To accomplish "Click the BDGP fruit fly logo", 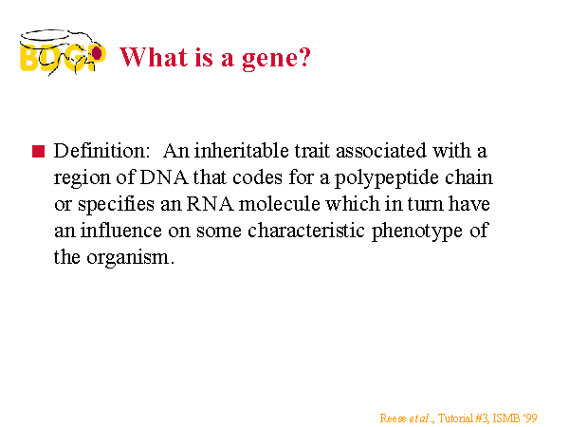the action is coord(63,52).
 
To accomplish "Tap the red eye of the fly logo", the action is coord(97,53).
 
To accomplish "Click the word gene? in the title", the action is coord(276,58).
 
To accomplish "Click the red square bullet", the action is coord(39,151).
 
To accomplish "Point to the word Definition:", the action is coord(101,151).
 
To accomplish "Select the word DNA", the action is coord(164,177).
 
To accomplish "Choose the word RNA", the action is coord(211,204).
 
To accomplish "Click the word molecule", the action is coord(280,204).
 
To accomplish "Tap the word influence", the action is coord(120,231).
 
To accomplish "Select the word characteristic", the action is coord(306,231).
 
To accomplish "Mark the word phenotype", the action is coord(417,232).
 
